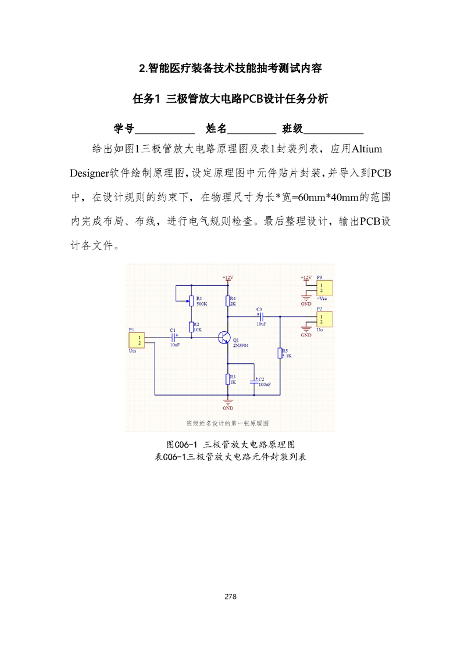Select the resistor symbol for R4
227,300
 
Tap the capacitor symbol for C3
260,316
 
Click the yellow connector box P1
138,340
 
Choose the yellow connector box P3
324,288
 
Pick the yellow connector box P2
324,319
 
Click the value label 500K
202,304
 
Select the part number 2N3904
241,345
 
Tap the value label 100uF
265,385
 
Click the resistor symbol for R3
227,379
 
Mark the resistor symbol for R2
191,327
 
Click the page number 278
230,597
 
